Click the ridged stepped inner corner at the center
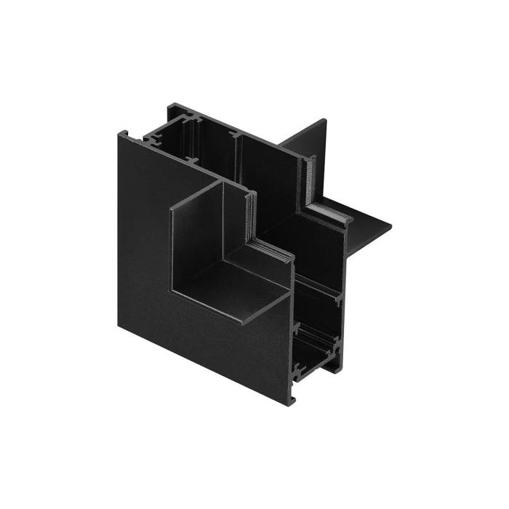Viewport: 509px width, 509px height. pos(258,233)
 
